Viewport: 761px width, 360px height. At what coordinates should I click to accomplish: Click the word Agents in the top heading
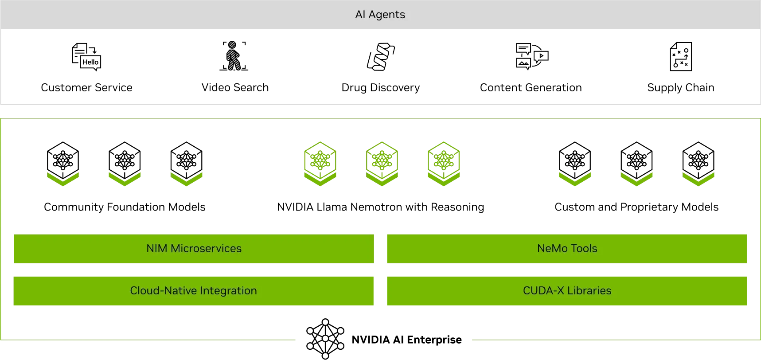pos(386,15)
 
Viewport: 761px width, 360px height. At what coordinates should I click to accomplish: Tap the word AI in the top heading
pos(360,15)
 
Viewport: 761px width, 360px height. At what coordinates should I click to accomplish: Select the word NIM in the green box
pos(156,248)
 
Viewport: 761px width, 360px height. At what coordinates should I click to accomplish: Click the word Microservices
pos(206,248)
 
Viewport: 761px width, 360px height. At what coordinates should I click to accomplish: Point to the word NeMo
pos(549,248)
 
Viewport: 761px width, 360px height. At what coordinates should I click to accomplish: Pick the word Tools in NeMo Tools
pos(584,248)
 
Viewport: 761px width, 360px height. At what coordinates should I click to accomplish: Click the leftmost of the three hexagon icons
pos(319,163)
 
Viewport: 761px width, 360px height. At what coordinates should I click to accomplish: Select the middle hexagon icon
pos(382,163)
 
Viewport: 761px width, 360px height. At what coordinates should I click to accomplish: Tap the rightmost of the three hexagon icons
pos(443,163)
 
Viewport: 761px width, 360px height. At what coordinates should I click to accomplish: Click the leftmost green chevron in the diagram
pos(64,178)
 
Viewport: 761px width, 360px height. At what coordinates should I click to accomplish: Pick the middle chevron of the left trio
pos(124,178)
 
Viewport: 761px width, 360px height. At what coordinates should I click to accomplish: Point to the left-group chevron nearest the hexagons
pos(187,178)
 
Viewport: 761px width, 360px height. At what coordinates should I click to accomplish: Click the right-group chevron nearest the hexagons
pos(574,178)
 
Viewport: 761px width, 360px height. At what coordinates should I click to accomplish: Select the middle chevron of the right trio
pos(638,178)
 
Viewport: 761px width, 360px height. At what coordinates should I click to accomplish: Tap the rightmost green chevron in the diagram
pos(698,178)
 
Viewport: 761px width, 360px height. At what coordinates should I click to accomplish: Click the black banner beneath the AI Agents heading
pos(380,67)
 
